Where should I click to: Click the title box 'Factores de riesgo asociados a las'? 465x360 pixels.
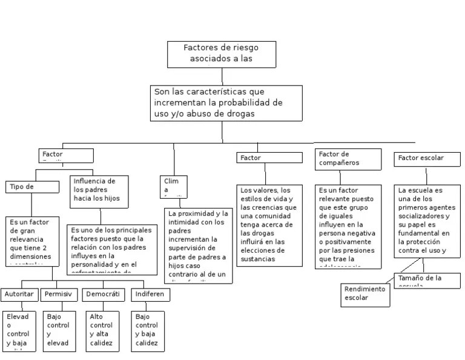tap(222, 54)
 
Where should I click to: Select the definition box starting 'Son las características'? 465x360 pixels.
tap(226, 103)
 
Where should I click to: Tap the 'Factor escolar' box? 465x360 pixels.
tap(425, 159)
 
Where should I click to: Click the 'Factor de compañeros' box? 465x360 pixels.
tap(348, 159)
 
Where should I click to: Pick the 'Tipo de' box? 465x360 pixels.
tap(32, 187)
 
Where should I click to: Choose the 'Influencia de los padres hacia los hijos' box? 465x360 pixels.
tap(101, 190)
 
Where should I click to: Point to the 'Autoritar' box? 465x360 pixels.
tap(19, 295)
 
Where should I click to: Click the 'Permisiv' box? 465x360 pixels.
tap(61, 295)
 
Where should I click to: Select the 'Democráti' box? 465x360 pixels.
tap(102, 295)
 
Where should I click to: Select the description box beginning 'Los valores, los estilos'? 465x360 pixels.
tap(269, 225)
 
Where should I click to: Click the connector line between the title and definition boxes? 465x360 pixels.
tap(222, 76)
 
